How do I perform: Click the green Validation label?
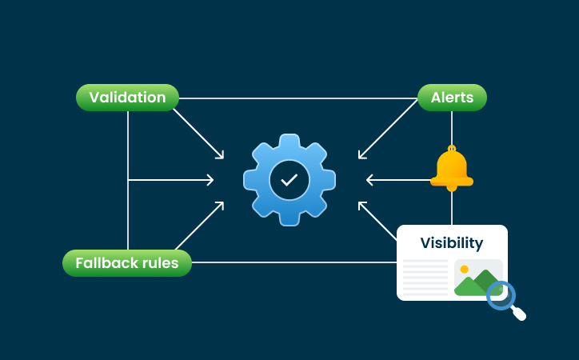(127, 98)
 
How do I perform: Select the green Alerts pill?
(452, 98)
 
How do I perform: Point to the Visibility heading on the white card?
(452, 243)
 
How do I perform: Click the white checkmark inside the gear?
(289, 180)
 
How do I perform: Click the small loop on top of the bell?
(452, 148)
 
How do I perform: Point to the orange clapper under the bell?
(452, 189)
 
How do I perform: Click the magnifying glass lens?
(501, 294)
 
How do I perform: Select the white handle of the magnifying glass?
(519, 313)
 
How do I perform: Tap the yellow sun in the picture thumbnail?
(464, 270)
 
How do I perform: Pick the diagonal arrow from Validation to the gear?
(198, 132)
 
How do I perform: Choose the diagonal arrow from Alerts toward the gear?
(388, 129)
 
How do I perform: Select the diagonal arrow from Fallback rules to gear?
(198, 227)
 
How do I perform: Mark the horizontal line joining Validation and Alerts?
(296, 98)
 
